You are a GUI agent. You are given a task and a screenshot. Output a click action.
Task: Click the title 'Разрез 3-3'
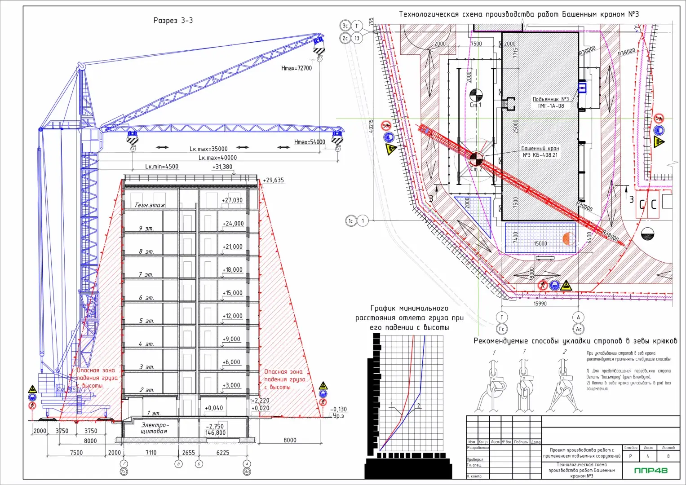point(173,21)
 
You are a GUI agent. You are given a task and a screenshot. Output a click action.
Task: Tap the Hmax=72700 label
point(296,68)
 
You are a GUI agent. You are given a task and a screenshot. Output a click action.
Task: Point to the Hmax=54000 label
point(310,142)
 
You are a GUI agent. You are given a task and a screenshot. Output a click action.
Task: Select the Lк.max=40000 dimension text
point(217,158)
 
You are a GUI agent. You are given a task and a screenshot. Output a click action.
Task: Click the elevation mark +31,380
point(222,167)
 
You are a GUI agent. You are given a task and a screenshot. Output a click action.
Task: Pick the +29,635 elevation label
point(274,180)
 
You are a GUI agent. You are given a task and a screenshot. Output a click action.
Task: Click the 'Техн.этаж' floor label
point(150,205)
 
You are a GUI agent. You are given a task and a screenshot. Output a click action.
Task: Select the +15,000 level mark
point(232,293)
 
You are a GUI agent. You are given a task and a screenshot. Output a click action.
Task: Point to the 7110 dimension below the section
point(151,453)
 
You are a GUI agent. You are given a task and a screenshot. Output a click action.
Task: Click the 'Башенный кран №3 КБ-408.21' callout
point(540,152)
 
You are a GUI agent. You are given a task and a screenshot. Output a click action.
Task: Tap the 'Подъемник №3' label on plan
point(550,99)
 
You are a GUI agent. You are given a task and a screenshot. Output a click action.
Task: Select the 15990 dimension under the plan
point(540,304)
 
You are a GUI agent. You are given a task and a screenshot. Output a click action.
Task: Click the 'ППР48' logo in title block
point(651,471)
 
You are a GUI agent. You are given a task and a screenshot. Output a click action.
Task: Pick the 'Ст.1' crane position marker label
point(475,105)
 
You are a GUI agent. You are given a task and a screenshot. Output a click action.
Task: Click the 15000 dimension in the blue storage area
point(540,244)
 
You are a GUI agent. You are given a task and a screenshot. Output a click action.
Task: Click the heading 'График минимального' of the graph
point(409,309)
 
